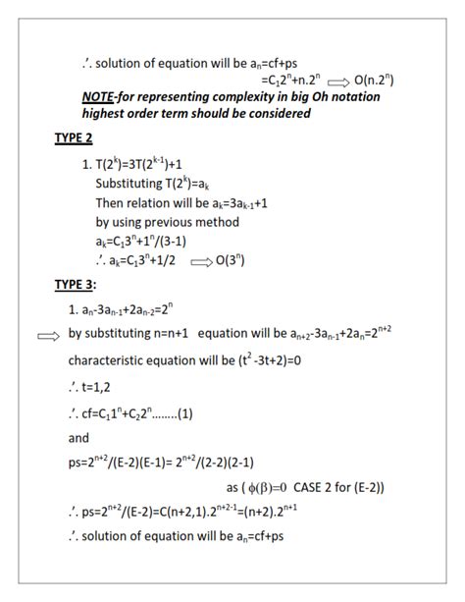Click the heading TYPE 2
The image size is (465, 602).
point(74,137)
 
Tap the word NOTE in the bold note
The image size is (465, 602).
point(105,97)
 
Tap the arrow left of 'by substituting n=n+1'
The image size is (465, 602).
point(48,335)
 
